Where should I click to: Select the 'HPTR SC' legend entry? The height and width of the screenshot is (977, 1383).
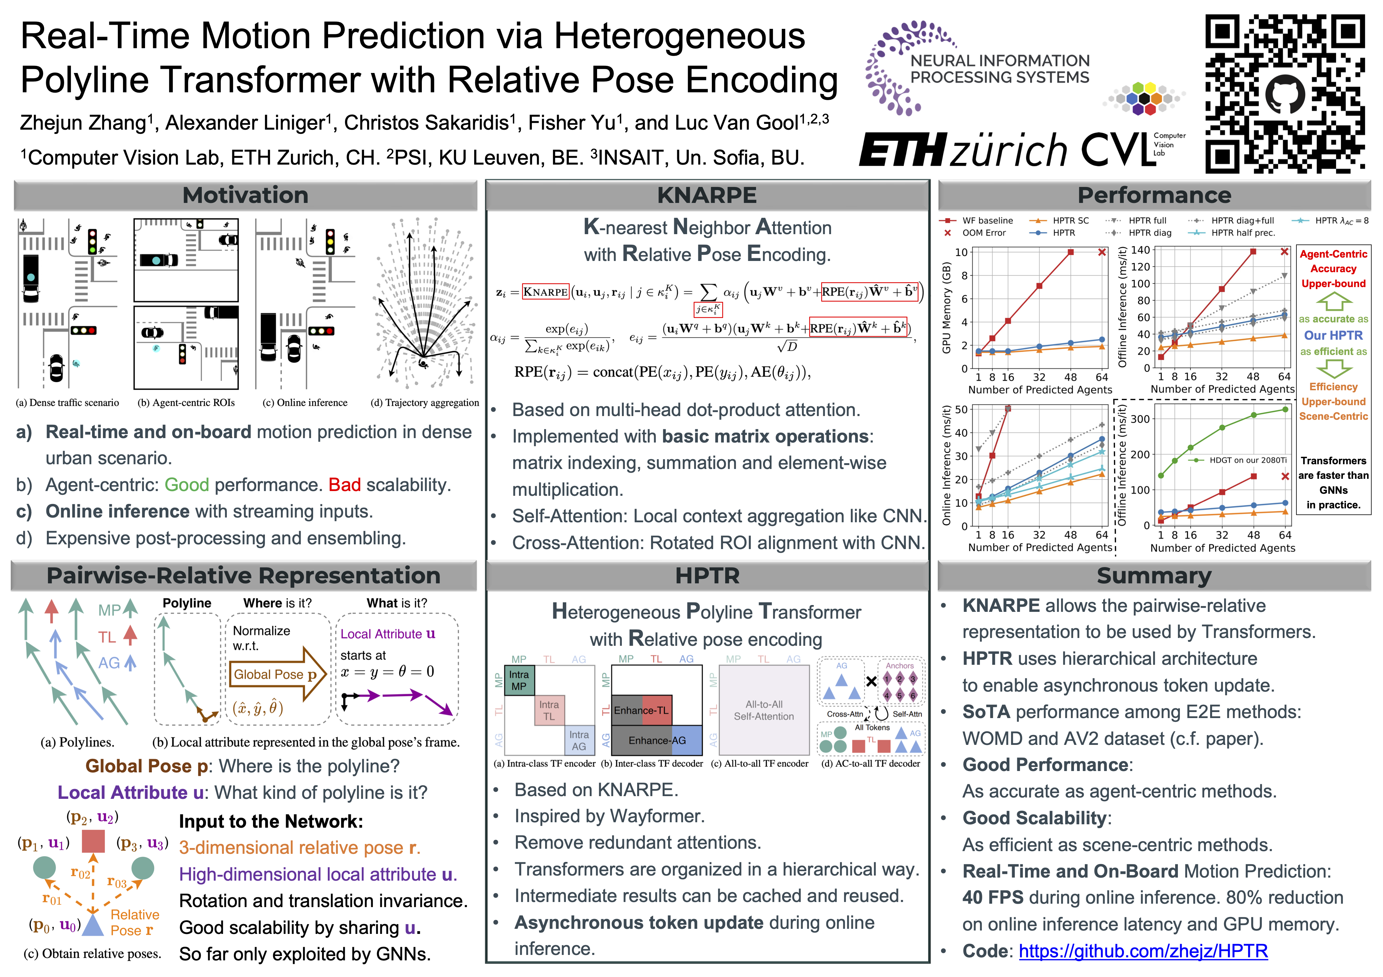1071,220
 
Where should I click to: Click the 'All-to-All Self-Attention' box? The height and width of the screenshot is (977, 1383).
764,710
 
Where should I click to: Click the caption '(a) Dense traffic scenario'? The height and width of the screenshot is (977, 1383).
68,403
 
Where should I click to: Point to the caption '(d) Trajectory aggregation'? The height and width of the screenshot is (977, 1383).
425,403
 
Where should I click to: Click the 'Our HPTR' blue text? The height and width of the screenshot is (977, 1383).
1333,335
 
